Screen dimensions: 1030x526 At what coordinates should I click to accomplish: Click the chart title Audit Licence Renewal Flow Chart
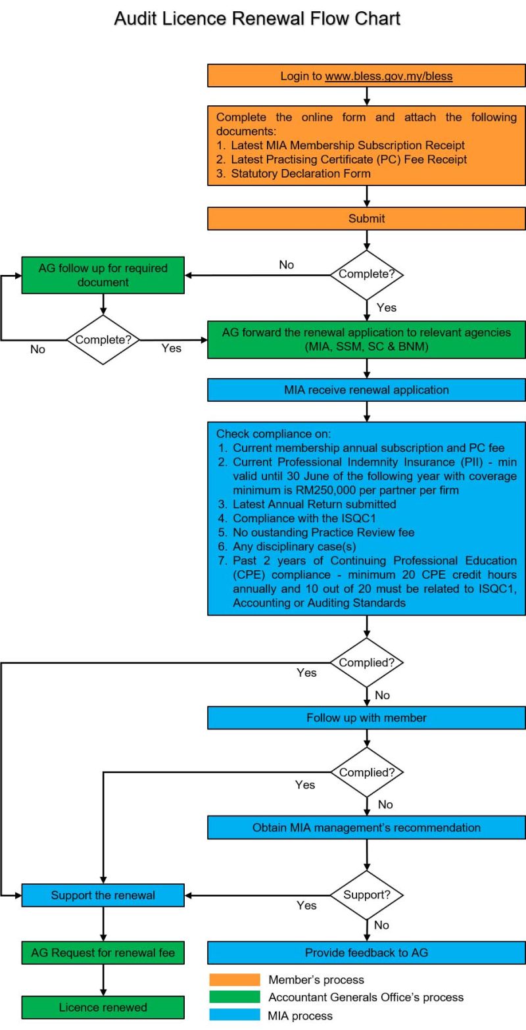[x=257, y=18]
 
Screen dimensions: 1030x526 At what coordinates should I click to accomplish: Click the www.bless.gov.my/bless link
[x=389, y=76]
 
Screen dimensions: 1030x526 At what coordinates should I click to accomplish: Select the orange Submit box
[x=366, y=218]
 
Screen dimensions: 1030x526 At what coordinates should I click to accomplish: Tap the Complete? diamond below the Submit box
[x=366, y=274]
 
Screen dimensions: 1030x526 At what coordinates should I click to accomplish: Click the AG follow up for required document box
[x=103, y=275]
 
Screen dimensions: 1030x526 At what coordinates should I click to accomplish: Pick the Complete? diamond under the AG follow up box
[x=103, y=340]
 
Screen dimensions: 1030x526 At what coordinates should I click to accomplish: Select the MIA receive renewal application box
[x=366, y=389]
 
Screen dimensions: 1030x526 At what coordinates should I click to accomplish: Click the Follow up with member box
[x=366, y=718]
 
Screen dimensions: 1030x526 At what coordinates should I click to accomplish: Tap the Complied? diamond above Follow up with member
[x=366, y=662]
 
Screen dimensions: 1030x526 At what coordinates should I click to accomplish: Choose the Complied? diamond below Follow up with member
[x=366, y=772]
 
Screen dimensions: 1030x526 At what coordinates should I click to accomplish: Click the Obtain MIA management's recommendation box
[x=366, y=827]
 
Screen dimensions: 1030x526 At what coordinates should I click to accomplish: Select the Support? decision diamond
[x=366, y=895]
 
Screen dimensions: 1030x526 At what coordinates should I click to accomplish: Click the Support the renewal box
[x=103, y=895]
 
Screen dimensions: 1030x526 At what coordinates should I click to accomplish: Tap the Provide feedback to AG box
[x=366, y=952]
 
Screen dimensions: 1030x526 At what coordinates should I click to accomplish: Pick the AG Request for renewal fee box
[x=103, y=952]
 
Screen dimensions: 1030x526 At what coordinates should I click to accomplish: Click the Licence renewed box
[x=103, y=1007]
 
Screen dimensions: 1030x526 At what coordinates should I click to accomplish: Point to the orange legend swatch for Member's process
[x=235, y=980]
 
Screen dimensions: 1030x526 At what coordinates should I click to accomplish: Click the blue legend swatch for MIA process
[x=235, y=1015]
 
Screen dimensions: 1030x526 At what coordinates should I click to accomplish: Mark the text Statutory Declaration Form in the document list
[x=300, y=174]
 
